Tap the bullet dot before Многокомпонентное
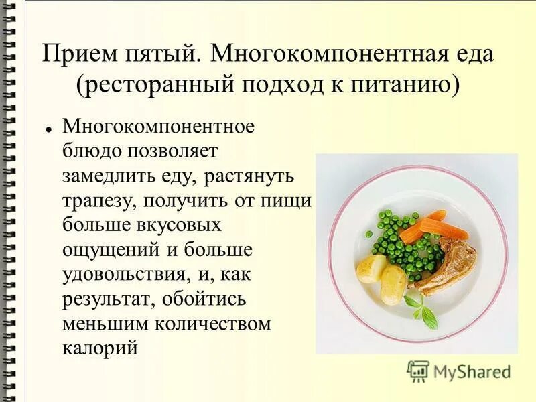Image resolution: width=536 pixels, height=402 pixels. coord(49,128)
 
